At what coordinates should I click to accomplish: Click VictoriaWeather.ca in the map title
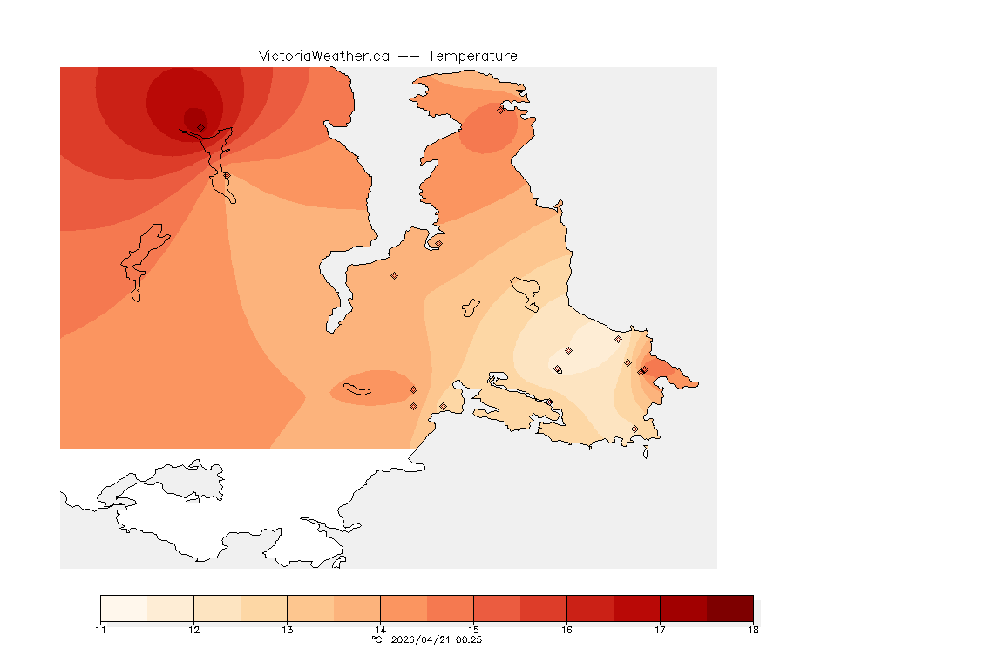tap(323, 56)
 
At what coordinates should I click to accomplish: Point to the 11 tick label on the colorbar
tap(101, 629)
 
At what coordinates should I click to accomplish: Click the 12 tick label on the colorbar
tap(193, 629)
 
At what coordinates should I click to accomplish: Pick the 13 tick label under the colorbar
tap(287, 629)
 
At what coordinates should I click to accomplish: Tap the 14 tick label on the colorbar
tap(380, 629)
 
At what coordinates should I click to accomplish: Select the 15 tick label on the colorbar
tap(473, 629)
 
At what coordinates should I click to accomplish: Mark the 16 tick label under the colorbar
tap(566, 629)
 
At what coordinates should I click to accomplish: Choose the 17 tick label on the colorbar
tap(660, 629)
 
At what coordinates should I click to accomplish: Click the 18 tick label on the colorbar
tap(753, 629)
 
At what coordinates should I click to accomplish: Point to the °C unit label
tap(376, 639)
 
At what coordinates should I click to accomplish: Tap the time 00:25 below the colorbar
tap(469, 639)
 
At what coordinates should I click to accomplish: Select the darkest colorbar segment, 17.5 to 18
tap(729, 608)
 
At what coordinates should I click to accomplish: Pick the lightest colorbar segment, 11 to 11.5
tap(124, 608)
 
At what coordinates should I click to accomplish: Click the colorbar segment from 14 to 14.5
tap(404, 608)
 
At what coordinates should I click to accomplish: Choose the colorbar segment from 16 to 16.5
tap(590, 608)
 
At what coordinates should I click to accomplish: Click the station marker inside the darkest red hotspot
tap(200, 127)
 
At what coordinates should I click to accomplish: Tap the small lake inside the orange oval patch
tap(358, 389)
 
